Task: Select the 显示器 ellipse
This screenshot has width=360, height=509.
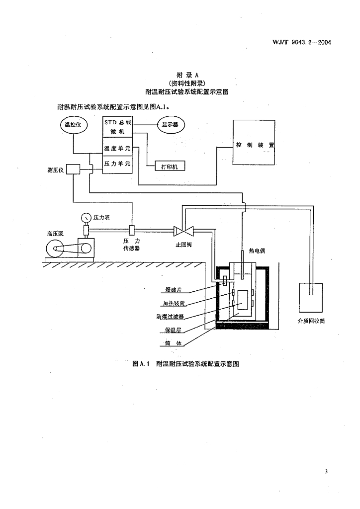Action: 170,125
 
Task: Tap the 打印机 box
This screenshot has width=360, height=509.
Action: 169,167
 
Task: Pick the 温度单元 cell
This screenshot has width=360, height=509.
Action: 117,149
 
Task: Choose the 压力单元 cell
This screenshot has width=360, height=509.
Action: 117,164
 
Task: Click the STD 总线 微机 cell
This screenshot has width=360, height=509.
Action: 117,127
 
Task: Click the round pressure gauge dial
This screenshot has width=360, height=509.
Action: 87,218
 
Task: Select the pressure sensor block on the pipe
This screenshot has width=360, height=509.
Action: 132,230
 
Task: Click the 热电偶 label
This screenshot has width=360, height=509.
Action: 258,251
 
